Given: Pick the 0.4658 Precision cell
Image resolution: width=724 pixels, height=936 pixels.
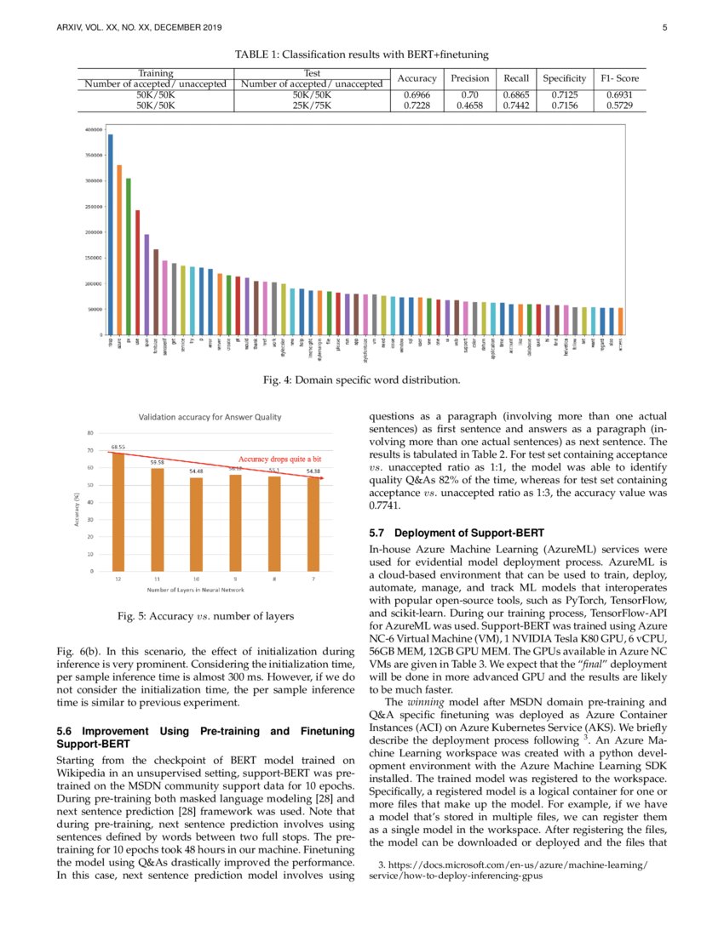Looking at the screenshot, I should (472, 106).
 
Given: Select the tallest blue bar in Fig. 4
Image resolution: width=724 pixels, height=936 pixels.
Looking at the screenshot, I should (111, 234).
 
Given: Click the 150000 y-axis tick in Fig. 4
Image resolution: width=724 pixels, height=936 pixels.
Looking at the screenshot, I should (93, 258).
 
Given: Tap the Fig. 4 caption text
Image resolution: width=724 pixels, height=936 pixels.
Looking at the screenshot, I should (363, 379).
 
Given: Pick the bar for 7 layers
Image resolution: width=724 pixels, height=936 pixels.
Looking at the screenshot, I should (313, 524).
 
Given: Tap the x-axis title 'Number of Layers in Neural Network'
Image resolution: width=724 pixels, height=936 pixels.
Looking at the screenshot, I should (208, 590).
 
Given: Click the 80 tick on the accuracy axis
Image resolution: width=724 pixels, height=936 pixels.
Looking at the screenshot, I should (90, 433).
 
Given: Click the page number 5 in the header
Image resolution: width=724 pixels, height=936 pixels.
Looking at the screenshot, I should (663, 28).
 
